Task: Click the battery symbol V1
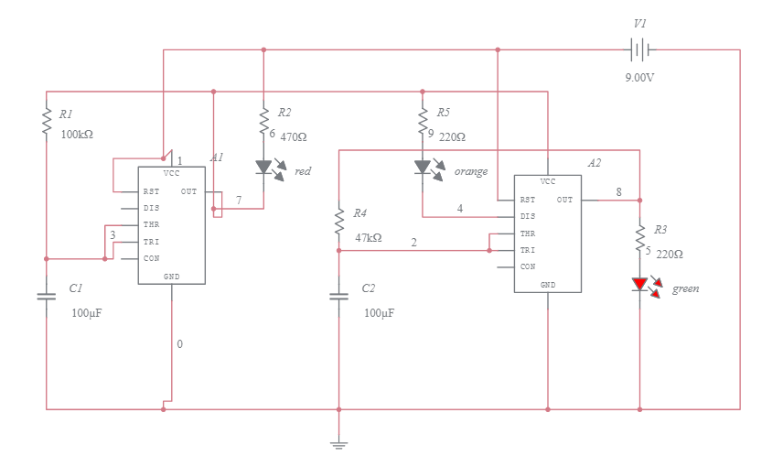[638, 49]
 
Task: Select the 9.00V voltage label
[639, 78]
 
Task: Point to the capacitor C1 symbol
[47, 296]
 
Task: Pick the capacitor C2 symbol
[339, 296]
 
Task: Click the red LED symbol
[264, 168]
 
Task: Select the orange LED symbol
[423, 168]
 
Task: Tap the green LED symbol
[640, 285]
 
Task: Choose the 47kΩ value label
[367, 237]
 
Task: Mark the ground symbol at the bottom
[339, 445]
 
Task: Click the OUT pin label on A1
[188, 191]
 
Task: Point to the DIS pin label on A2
[528, 217]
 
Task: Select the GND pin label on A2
[547, 285]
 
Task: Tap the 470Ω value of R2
[293, 136]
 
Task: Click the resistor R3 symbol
[640, 240]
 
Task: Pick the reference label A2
[594, 162]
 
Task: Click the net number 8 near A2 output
[618, 191]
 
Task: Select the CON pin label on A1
[151, 258]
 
